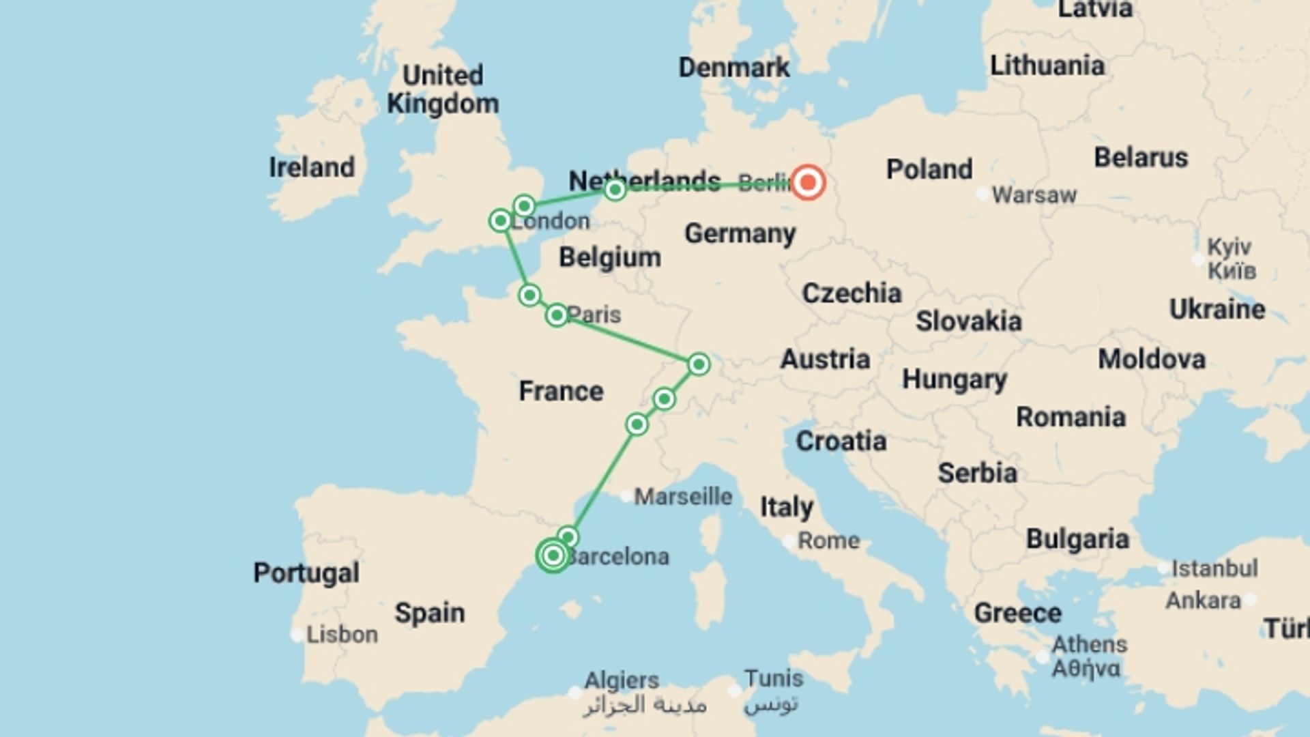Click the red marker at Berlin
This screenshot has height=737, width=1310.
click(x=808, y=183)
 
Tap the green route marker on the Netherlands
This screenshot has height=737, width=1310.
click(x=615, y=190)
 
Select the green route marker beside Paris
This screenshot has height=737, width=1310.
click(x=557, y=315)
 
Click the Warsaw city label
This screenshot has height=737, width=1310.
click(x=1034, y=195)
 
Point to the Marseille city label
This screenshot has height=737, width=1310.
click(x=683, y=497)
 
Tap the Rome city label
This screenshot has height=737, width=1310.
click(x=828, y=540)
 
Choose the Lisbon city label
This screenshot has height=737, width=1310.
click(x=342, y=635)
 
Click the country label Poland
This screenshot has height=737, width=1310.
click(x=929, y=169)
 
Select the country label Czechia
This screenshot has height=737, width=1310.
click(x=851, y=293)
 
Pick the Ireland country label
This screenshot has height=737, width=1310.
click(x=312, y=167)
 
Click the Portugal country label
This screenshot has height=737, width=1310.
click(x=306, y=573)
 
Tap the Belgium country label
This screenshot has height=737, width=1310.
click(x=610, y=258)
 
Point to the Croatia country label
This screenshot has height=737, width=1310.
click(x=841, y=442)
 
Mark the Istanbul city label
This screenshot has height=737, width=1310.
click(x=1214, y=568)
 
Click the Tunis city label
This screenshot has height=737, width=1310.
click(x=773, y=679)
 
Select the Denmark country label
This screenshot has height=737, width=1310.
click(x=734, y=68)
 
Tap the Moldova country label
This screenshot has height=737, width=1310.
click(x=1152, y=360)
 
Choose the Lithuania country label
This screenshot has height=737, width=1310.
click(x=1047, y=66)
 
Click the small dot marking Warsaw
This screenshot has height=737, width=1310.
click(x=982, y=195)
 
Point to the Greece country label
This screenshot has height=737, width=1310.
click(x=1017, y=613)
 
